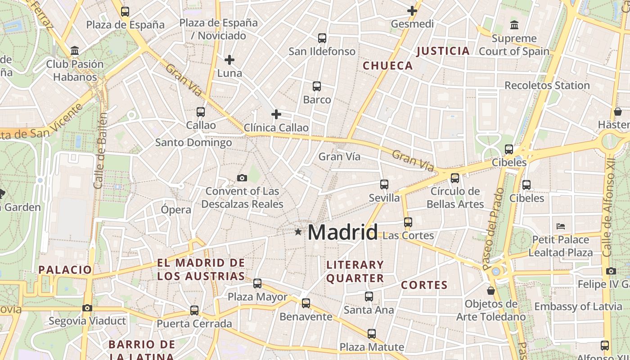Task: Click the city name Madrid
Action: coord(342,232)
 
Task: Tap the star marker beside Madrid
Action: coord(298,232)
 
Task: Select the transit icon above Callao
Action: coord(201,112)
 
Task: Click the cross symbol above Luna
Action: coord(229,59)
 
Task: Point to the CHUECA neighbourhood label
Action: coord(387,66)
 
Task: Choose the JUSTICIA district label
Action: coord(443,51)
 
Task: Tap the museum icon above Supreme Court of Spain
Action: coord(514,25)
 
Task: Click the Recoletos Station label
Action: coord(547,85)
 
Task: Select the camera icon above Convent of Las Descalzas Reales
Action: coord(242,178)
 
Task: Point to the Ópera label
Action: coord(176,210)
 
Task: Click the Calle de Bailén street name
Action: coord(101,150)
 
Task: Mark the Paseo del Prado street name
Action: coord(494,229)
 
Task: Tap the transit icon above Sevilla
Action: coord(384,184)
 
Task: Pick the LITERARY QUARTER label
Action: coord(355,272)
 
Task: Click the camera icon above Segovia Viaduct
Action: coord(87,308)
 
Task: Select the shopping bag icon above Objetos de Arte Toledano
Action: coord(491,291)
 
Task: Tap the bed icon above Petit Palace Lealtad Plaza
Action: coord(560,226)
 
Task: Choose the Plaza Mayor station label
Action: coord(257,297)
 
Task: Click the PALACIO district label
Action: coord(65,270)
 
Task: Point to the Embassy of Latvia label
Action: coord(578,307)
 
